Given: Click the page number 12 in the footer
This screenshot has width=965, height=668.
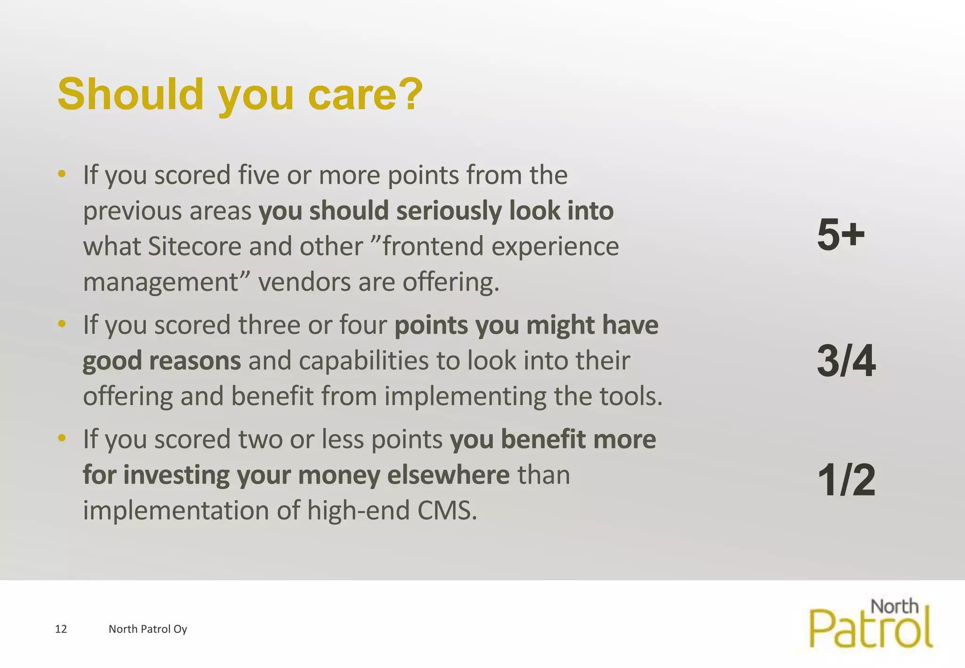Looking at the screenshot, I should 61,629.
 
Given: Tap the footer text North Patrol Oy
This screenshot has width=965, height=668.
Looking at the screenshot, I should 147,629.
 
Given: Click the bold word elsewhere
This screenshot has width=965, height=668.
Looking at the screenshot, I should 448,475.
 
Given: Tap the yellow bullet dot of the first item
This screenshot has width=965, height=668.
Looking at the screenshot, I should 62,175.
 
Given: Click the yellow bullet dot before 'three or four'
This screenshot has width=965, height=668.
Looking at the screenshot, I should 62,324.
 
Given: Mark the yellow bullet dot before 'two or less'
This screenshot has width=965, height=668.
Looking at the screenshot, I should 62,439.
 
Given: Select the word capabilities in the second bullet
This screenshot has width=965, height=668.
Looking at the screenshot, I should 363,361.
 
